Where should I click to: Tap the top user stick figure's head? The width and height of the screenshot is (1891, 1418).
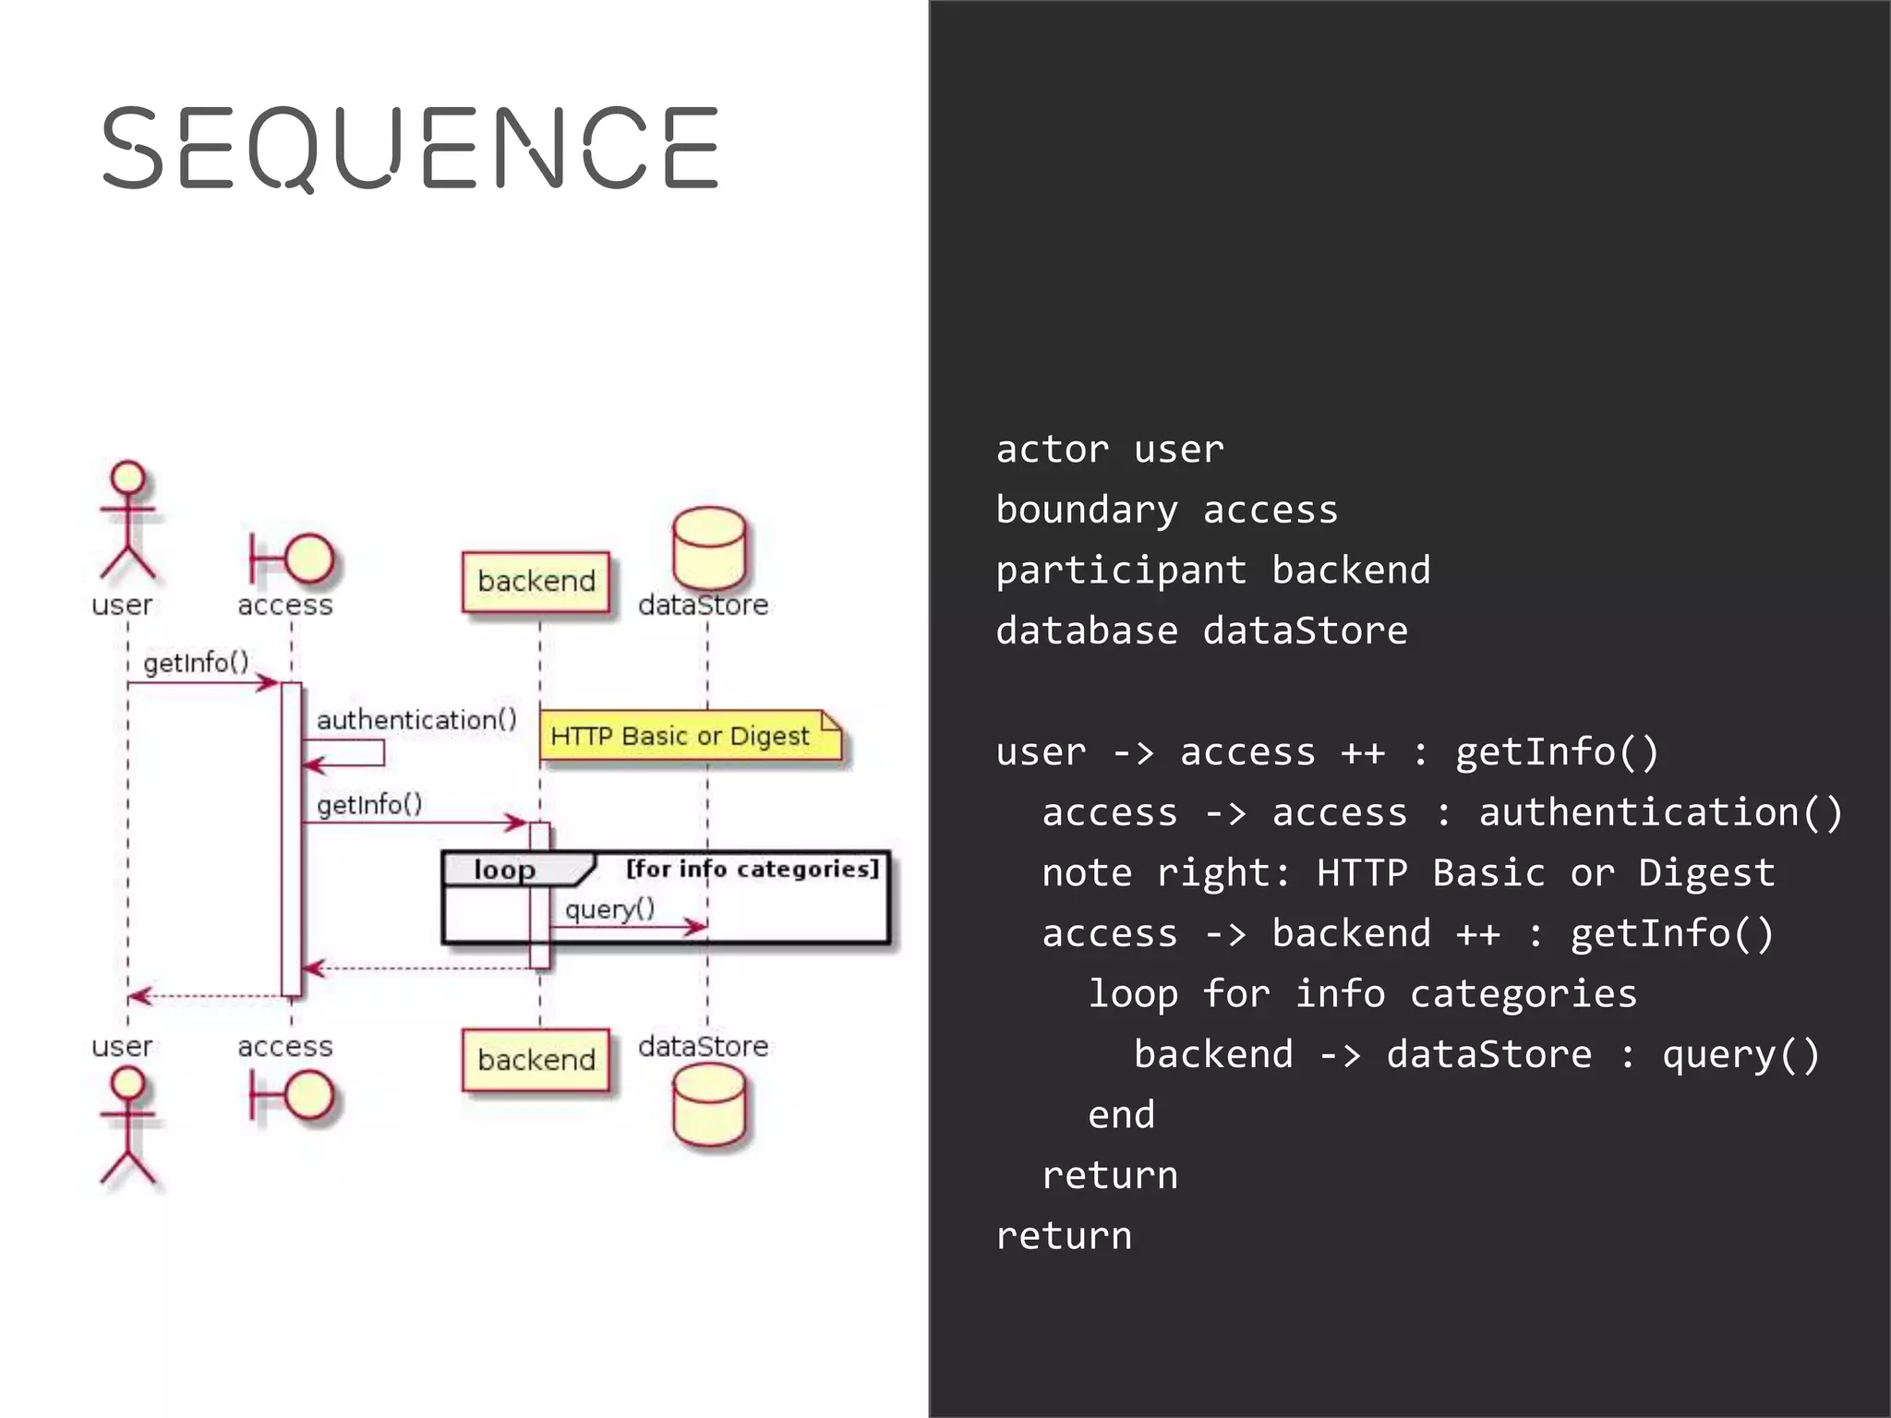[x=127, y=478]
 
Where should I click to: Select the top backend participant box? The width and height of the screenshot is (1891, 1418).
[x=536, y=582]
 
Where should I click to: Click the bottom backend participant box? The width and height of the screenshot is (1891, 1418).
[x=536, y=1060]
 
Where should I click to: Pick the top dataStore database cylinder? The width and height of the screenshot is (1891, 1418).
[x=708, y=547]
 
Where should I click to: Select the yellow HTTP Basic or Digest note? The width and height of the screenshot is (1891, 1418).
[x=689, y=737]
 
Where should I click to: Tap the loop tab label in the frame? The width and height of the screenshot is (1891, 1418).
[x=504, y=870]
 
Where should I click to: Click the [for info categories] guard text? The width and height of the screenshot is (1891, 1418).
[x=752, y=869]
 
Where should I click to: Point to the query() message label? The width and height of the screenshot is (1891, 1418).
[x=609, y=909]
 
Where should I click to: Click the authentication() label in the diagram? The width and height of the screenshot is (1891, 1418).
[x=416, y=720]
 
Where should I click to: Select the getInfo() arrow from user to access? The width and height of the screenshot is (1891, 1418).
[x=203, y=683]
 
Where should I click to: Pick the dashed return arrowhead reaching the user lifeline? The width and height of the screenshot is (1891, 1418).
[x=137, y=996]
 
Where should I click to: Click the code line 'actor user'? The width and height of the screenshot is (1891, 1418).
[x=1109, y=450]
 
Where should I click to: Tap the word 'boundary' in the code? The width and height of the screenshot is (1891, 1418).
[x=1086, y=510]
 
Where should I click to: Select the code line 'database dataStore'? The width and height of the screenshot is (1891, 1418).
[x=1201, y=631]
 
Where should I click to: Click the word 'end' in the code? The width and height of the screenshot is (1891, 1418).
[x=1121, y=1114]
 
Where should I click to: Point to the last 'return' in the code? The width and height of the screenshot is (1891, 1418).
[x=1064, y=1235]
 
